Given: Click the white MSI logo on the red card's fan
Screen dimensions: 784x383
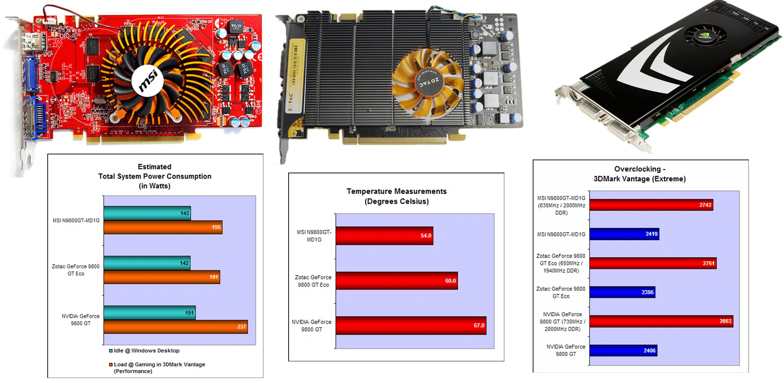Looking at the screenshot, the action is pyautogui.click(x=147, y=80).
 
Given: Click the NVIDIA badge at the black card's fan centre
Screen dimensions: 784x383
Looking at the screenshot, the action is pyautogui.click(x=705, y=35).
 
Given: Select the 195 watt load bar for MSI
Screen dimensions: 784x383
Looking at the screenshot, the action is pyautogui.click(x=163, y=227).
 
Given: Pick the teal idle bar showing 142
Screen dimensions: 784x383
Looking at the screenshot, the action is pyautogui.click(x=147, y=263).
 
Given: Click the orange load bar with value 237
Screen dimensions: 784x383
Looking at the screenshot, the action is pyautogui.click(x=176, y=327).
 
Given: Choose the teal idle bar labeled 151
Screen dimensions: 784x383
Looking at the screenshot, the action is pyautogui.click(x=150, y=313).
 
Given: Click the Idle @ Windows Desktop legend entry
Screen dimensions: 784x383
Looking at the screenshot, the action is pyautogui.click(x=144, y=351).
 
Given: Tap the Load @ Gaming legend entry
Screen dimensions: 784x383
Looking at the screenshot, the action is pyautogui.click(x=157, y=368).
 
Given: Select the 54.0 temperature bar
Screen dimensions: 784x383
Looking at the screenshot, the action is pyautogui.click(x=385, y=236).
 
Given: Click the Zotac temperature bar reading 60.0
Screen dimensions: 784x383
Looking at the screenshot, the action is pyautogui.click(x=397, y=281).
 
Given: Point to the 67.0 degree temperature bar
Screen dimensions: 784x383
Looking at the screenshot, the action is pyautogui.click(x=411, y=325).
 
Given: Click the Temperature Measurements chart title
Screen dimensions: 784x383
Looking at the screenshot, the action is pyautogui.click(x=397, y=196).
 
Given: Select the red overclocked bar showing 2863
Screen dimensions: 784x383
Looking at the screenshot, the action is pyautogui.click(x=662, y=321).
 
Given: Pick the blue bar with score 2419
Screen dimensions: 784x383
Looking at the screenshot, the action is pyautogui.click(x=625, y=234).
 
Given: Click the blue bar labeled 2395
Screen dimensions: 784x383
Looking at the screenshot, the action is pyautogui.click(x=622, y=292).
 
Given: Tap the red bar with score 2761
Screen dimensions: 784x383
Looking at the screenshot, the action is pyautogui.click(x=653, y=263).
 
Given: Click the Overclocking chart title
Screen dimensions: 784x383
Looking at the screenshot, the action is pyautogui.click(x=640, y=174).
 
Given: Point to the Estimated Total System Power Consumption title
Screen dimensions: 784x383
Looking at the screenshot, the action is pyautogui.click(x=155, y=176).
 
